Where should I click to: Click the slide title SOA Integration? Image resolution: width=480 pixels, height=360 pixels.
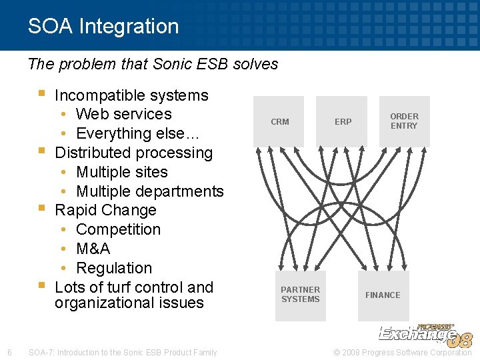[x=103, y=26]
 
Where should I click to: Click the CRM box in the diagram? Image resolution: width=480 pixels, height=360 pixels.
[x=279, y=121]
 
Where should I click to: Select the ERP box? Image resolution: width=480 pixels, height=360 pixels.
[x=343, y=121]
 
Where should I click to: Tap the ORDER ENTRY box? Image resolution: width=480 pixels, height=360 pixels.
[x=404, y=121]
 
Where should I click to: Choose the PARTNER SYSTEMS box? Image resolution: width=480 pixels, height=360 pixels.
[x=300, y=295]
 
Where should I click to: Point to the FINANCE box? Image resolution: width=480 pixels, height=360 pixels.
[x=383, y=295]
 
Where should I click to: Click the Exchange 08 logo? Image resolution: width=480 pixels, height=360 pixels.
[x=425, y=335]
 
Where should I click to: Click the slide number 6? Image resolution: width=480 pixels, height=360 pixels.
[x=9, y=352]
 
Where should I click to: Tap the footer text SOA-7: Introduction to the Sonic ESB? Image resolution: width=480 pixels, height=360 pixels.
[x=123, y=352]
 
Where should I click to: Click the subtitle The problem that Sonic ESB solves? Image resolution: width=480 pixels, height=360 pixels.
[x=153, y=64]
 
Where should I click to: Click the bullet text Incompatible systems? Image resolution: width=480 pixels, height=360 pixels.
[x=131, y=95]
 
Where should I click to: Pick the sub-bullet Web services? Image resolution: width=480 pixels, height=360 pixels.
[x=123, y=114]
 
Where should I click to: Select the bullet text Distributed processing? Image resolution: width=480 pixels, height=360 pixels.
[x=133, y=153]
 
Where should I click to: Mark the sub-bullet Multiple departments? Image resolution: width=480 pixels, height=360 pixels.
[x=149, y=191]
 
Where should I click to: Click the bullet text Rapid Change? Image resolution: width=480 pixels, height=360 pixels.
[x=105, y=210]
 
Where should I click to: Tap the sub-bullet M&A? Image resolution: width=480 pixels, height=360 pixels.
[x=93, y=249]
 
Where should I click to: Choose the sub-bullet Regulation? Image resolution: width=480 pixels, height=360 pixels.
[x=114, y=268]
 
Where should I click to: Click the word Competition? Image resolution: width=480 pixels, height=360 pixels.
[x=118, y=229]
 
